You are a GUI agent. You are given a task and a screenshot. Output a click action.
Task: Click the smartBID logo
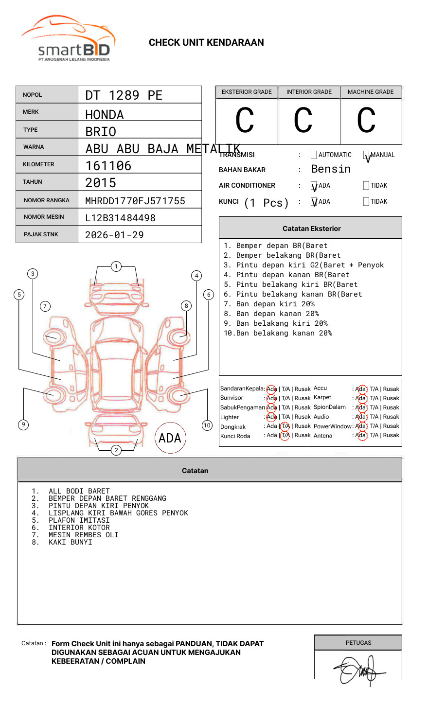(x=68, y=39)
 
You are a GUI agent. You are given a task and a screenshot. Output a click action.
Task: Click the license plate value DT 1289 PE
(x=124, y=95)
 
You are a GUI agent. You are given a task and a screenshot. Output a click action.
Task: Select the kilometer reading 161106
(x=108, y=166)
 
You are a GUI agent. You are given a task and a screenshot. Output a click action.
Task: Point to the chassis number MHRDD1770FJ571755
(x=135, y=201)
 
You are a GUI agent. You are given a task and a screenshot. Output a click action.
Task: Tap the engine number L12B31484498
(x=120, y=218)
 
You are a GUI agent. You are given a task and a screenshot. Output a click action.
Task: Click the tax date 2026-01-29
(x=114, y=235)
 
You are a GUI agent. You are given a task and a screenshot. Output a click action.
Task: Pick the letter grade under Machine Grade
(x=366, y=120)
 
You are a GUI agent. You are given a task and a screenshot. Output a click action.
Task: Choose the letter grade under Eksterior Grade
(x=245, y=120)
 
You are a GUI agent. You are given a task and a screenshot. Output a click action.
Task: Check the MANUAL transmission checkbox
(x=366, y=155)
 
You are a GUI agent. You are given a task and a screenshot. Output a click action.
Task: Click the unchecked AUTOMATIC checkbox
(x=314, y=155)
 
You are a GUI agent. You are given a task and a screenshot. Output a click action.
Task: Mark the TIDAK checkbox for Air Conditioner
(x=366, y=186)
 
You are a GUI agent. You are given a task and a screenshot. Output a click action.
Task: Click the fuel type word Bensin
(x=331, y=169)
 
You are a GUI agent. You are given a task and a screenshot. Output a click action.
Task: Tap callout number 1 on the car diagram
(x=116, y=266)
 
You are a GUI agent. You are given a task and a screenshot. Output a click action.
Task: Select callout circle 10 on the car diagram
(x=207, y=425)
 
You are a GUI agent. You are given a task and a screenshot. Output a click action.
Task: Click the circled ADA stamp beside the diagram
(x=170, y=438)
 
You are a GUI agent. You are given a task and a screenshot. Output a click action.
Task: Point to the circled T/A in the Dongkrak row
(x=285, y=426)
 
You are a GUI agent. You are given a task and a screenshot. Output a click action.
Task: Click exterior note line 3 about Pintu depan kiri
(x=304, y=265)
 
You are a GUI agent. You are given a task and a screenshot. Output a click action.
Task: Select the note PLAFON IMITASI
(x=79, y=520)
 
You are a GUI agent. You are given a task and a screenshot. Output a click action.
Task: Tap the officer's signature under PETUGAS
(x=358, y=670)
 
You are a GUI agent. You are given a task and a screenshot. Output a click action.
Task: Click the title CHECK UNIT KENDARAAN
(x=206, y=43)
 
